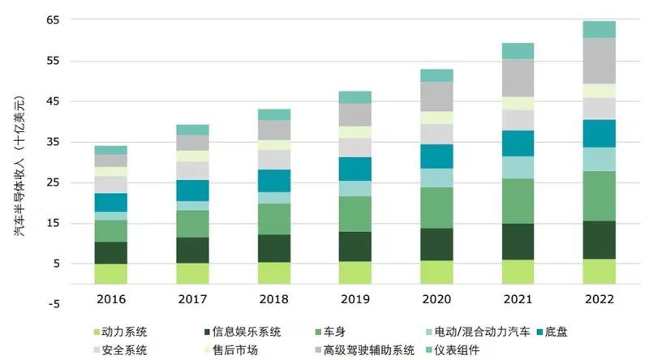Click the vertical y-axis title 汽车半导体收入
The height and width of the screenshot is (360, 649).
click(x=18, y=162)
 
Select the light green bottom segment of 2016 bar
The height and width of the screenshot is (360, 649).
click(x=110, y=273)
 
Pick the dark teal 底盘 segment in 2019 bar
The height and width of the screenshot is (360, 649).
click(x=355, y=169)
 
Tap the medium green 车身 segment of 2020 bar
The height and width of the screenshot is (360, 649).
click(x=436, y=208)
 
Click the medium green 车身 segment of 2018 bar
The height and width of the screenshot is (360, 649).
click(x=273, y=219)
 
